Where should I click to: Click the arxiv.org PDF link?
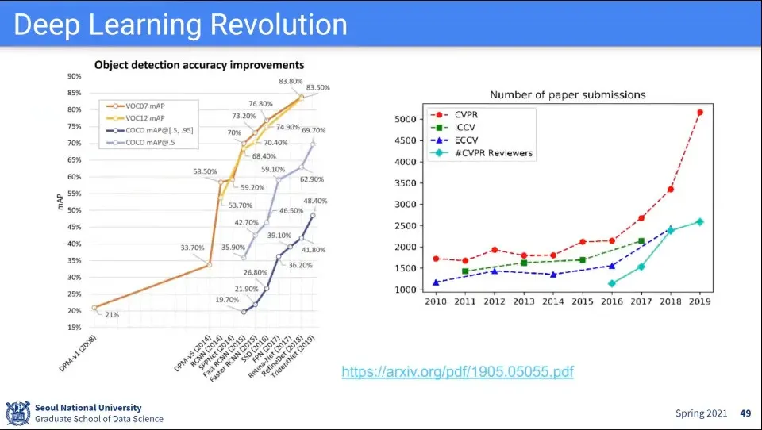coord(457,371)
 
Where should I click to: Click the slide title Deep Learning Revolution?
coord(181,25)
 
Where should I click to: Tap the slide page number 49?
coord(745,413)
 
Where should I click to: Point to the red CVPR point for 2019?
coord(699,113)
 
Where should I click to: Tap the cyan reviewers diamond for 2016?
coord(612,283)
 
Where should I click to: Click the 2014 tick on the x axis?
coord(553,302)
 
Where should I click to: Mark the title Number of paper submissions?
coord(568,94)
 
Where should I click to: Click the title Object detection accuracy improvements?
coord(199,64)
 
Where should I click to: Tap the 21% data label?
coord(113,315)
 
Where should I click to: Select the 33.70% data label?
coord(192,248)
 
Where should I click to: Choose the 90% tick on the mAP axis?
coord(74,76)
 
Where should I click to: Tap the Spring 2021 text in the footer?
coord(702,413)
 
